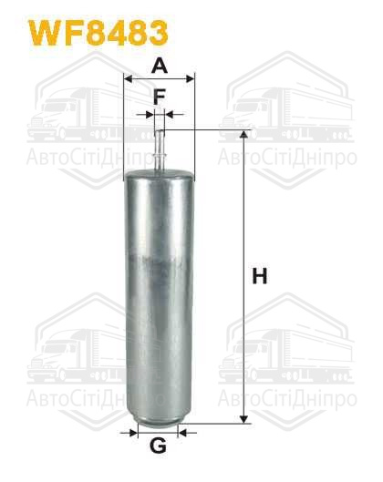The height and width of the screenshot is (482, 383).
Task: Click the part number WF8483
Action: pos(98,33)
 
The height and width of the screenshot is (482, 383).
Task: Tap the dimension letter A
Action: pos(160,66)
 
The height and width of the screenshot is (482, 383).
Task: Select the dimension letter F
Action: pos(160,97)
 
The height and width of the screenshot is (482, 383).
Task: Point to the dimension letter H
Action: pos(259,276)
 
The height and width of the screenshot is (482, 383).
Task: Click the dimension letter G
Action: pos(158,446)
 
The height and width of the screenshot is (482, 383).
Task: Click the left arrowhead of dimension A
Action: pos(128,78)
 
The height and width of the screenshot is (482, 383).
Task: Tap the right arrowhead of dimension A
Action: pos(191,78)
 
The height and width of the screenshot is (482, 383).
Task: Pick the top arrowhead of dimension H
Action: pos(243,134)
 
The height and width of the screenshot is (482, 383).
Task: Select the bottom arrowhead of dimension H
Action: pos(243,419)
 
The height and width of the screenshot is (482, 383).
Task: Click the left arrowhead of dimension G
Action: pos(133,433)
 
